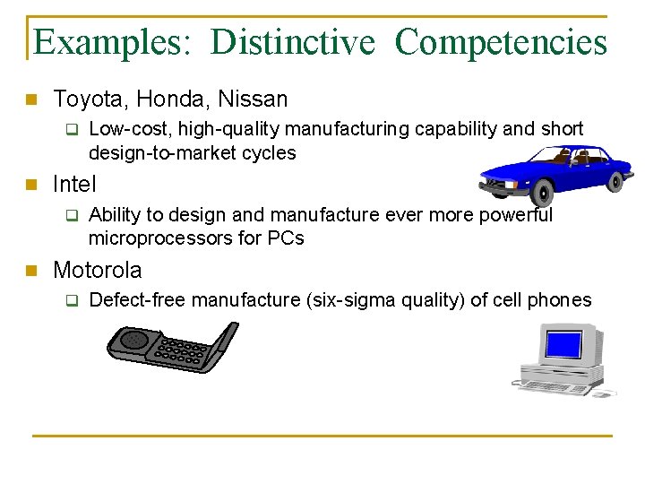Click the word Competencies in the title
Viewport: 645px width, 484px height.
(x=500, y=41)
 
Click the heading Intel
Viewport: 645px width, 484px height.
(x=74, y=185)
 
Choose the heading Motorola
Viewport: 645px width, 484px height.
(x=97, y=270)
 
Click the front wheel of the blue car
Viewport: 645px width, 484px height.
(x=543, y=193)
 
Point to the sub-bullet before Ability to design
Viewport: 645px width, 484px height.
(x=73, y=216)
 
